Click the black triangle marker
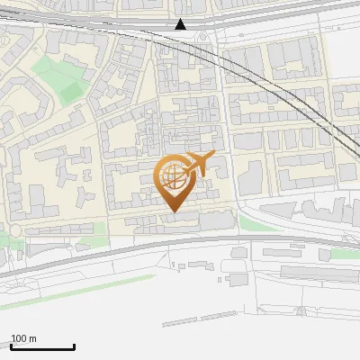(181, 24)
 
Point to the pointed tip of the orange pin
(173, 211)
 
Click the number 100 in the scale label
(18, 338)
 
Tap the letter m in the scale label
(33, 338)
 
